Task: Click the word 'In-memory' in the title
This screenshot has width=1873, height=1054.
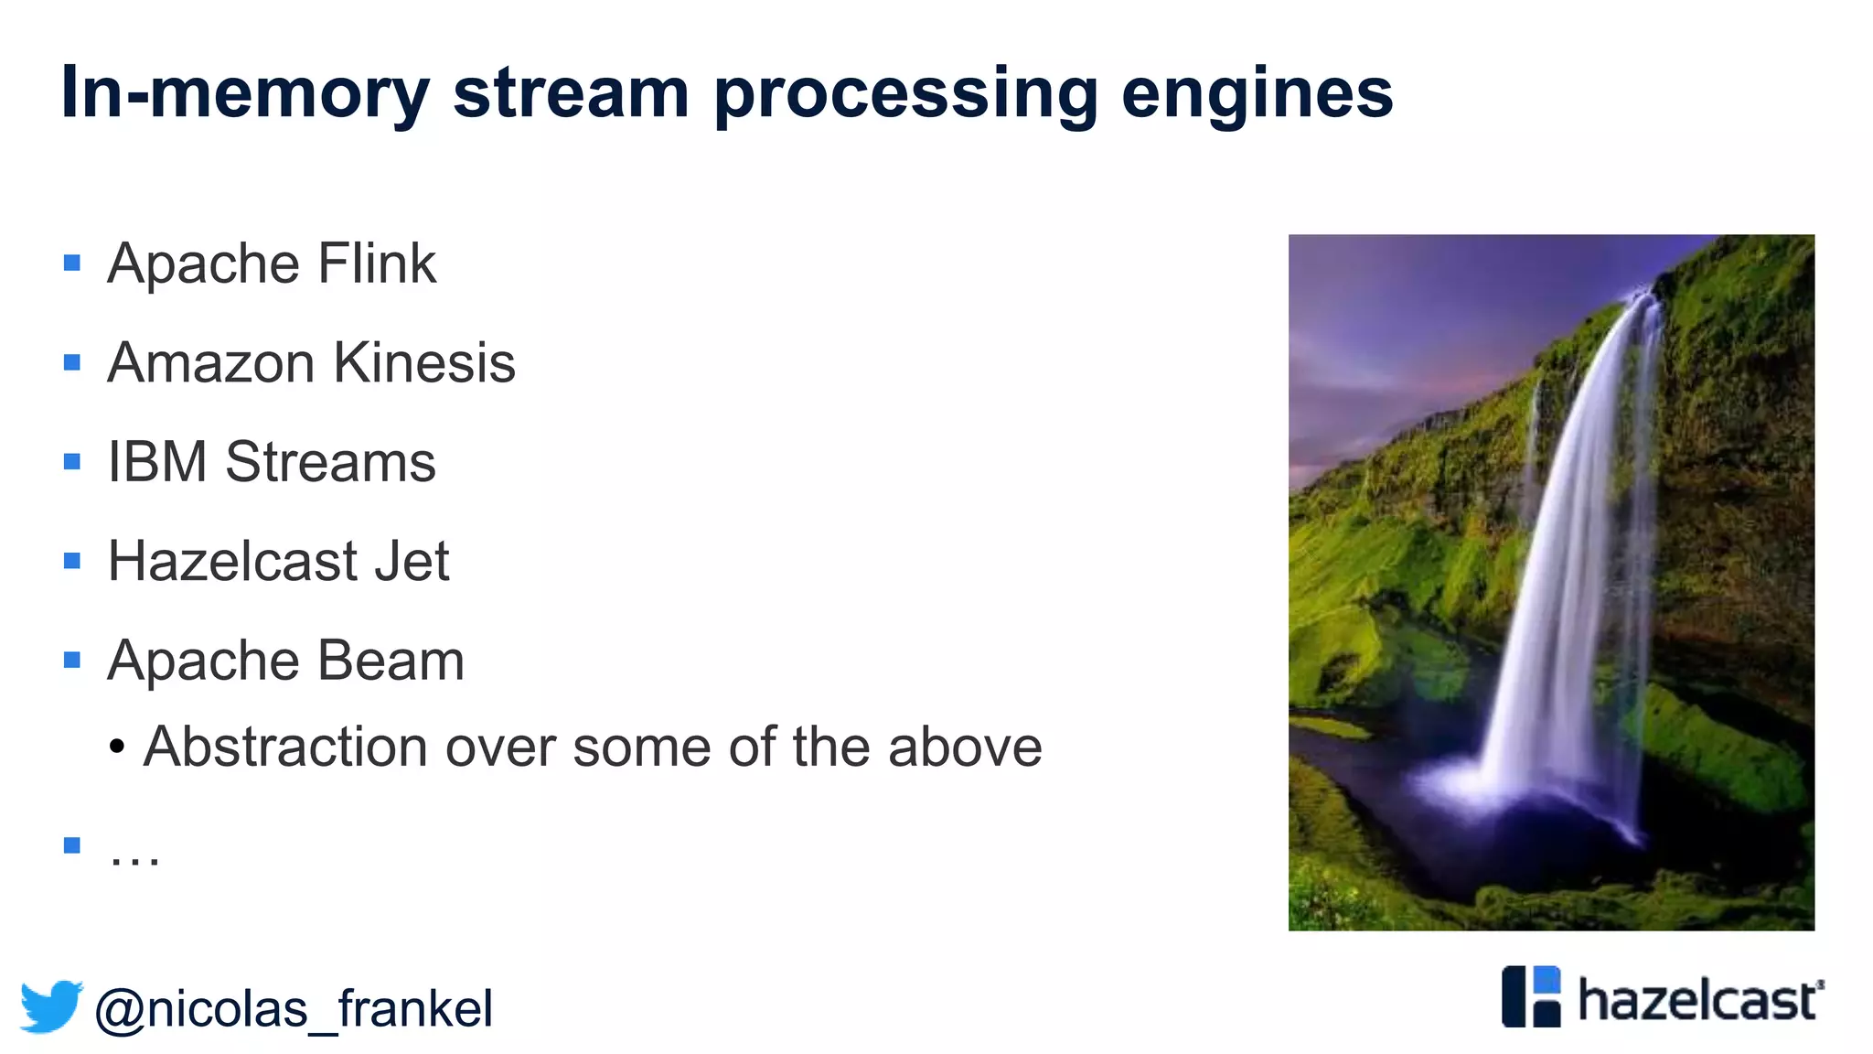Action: click(245, 94)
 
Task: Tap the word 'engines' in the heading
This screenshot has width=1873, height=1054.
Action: click(1257, 94)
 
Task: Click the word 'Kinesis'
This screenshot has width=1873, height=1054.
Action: click(424, 363)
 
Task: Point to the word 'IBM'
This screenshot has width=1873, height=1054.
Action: click(157, 462)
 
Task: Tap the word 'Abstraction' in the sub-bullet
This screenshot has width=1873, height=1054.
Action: click(285, 747)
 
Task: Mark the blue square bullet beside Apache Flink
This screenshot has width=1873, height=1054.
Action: click(72, 264)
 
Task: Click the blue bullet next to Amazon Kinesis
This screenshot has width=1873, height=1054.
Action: click(72, 363)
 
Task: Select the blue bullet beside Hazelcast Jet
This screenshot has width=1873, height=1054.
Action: click(72, 561)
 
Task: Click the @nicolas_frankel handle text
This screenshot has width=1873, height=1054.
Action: click(294, 1009)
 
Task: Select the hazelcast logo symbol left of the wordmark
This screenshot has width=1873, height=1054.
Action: click(1531, 997)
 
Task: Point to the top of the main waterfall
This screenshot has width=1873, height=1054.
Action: click(1642, 298)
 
